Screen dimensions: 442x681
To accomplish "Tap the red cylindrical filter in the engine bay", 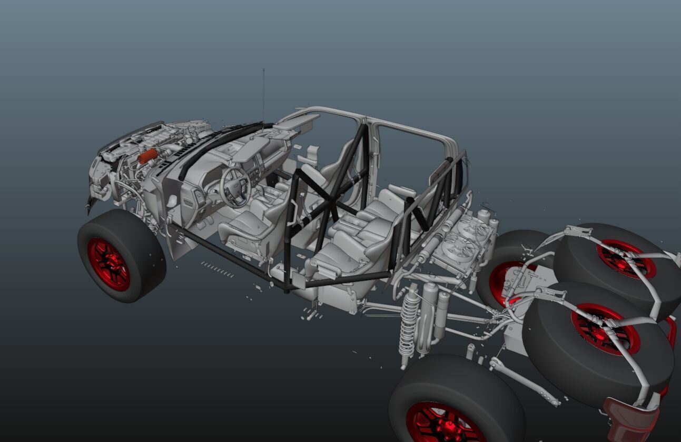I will coord(148,155).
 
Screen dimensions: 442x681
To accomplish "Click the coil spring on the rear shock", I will coord(409,326).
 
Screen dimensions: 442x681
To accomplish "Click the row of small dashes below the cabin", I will coord(218,269).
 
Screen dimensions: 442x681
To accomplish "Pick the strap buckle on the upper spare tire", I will coord(578,232).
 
